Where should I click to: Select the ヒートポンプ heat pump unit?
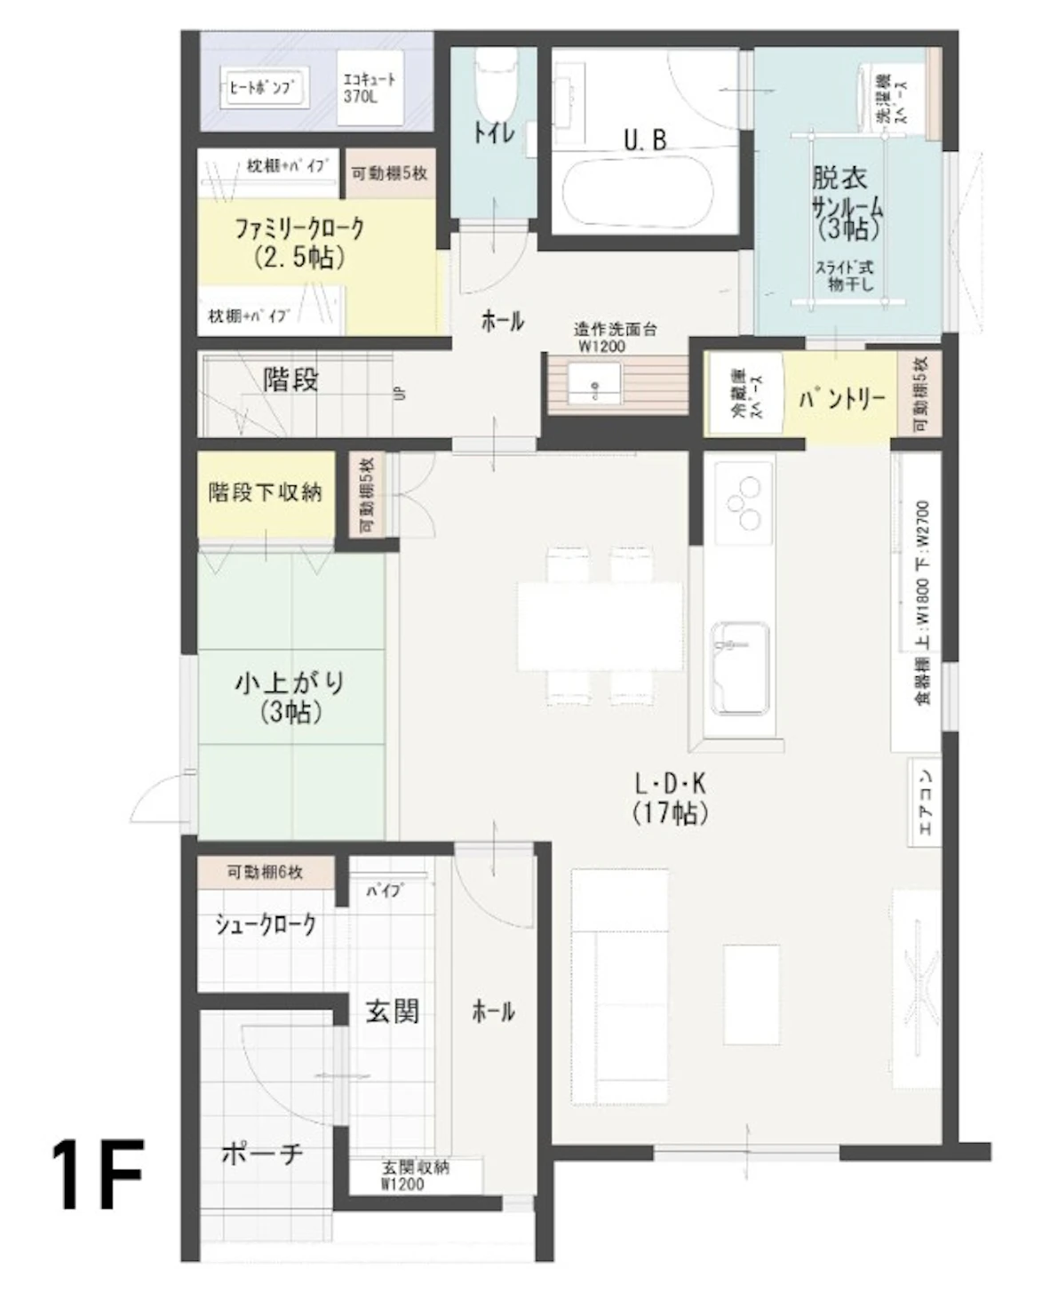pyautogui.click(x=263, y=88)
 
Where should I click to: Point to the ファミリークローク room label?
pyautogui.click(x=299, y=242)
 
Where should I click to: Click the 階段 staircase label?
pyautogui.click(x=290, y=380)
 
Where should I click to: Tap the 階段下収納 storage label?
pyautogui.click(x=265, y=492)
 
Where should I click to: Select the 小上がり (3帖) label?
pyautogui.click(x=290, y=697)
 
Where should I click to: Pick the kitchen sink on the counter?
pyautogui.click(x=740, y=667)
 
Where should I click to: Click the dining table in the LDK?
pyautogui.click(x=601, y=626)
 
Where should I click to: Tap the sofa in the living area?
pyautogui.click(x=620, y=986)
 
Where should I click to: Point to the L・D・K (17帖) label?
pyautogui.click(x=670, y=797)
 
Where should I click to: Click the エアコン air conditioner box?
pyautogui.click(x=925, y=802)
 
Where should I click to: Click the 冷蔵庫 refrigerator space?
pyautogui.click(x=744, y=394)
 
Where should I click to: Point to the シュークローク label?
pyautogui.click(x=266, y=924)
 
